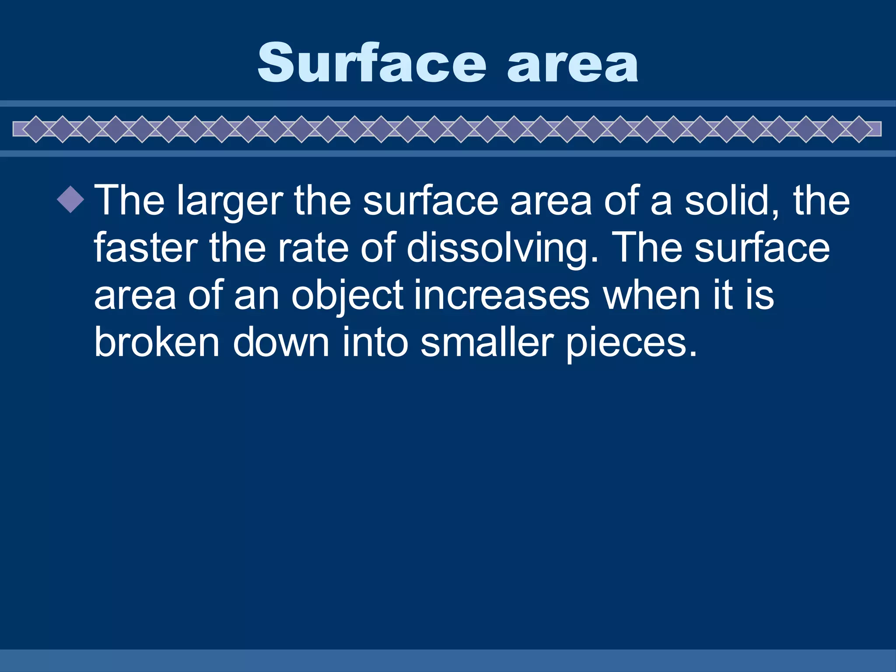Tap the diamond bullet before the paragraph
[70, 199]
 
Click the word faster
[146, 248]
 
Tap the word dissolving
[502, 249]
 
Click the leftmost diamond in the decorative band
[36, 129]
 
